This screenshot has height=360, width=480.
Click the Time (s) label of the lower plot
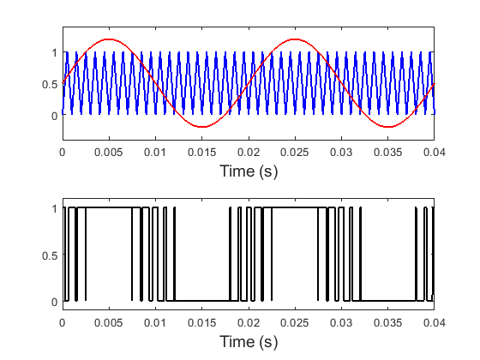(248, 342)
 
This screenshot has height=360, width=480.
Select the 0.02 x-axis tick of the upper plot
(248, 152)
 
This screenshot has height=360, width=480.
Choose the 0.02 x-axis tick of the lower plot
(248, 322)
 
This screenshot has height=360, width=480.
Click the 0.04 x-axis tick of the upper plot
(434, 152)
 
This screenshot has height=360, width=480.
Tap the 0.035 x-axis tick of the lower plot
(387, 322)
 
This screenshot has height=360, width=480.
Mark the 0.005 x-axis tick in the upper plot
(108, 152)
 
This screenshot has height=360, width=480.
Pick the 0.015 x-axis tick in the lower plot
(201, 322)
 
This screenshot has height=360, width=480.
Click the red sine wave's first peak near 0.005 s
(108, 39)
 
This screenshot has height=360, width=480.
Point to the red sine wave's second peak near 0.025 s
(295, 39)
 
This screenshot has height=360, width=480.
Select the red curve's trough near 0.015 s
(201, 127)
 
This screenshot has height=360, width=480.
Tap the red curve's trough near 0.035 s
(387, 127)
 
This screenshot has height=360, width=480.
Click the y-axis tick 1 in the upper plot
(54, 52)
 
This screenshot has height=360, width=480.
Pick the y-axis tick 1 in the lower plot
(54, 208)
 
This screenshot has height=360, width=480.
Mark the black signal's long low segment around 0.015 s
(201, 300)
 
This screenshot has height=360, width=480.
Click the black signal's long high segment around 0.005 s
(108, 208)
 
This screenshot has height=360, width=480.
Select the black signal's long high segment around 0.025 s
(295, 208)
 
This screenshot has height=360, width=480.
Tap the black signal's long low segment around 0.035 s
(387, 300)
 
